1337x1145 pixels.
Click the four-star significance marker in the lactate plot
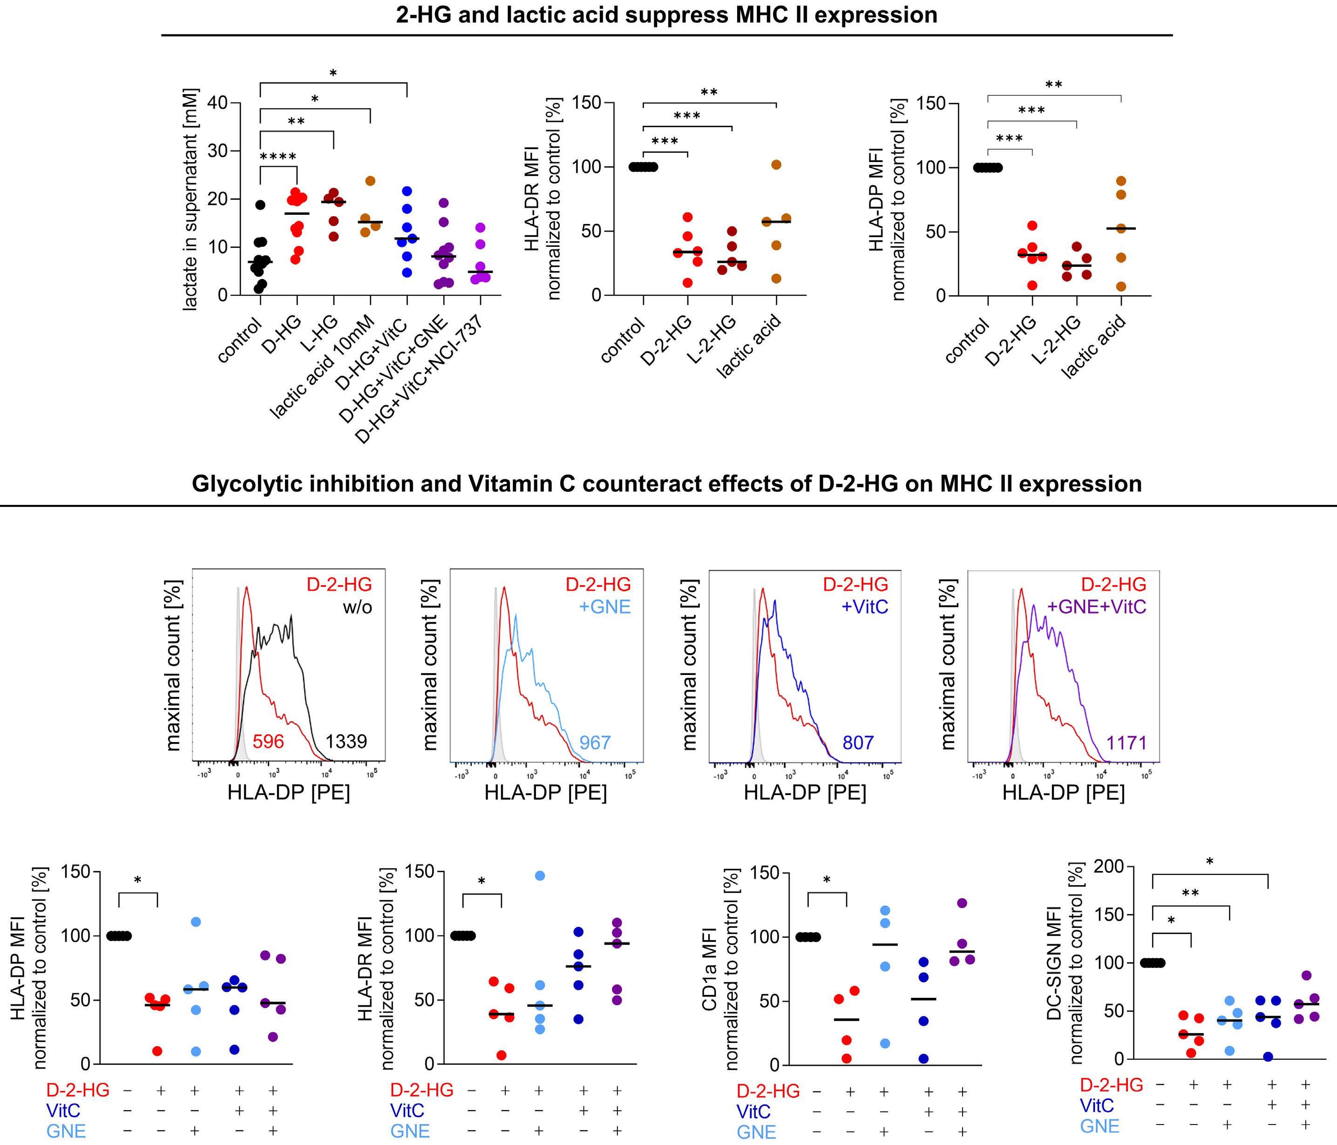278,157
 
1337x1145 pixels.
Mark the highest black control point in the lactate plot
260,205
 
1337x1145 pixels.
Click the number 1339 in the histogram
346,742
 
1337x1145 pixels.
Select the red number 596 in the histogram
268,742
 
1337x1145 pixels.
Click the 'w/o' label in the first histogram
358,607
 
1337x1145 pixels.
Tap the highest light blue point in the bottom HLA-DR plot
539,876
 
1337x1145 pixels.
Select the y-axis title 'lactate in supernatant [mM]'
190,199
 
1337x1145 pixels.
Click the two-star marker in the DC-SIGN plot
1190,894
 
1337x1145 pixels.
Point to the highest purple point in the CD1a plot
962,903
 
